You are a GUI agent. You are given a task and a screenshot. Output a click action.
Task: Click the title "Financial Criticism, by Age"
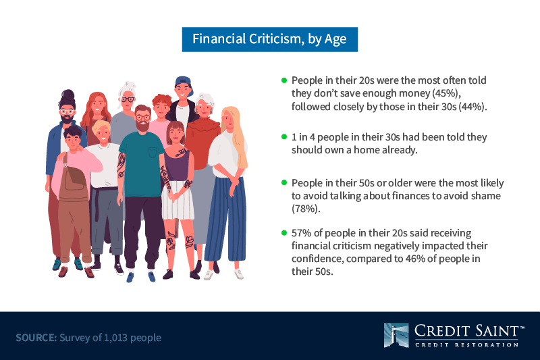click(x=269, y=39)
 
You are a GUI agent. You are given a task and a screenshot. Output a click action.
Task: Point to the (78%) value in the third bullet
click(x=306, y=209)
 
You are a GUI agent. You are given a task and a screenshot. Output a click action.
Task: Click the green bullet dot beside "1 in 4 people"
click(x=284, y=136)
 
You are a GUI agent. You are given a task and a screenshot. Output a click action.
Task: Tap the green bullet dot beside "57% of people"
click(x=284, y=233)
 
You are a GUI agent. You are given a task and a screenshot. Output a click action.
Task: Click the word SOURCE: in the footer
click(x=36, y=338)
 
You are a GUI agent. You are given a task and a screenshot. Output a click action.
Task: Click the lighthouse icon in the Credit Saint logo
click(x=396, y=335)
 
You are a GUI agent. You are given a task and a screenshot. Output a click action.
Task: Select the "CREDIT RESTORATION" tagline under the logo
click(x=466, y=344)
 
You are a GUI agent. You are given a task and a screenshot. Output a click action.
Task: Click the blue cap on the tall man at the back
click(x=182, y=82)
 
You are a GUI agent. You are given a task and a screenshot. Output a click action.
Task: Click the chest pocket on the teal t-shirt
click(x=153, y=152)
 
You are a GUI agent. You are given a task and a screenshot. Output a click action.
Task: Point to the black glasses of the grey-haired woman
click(x=128, y=99)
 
